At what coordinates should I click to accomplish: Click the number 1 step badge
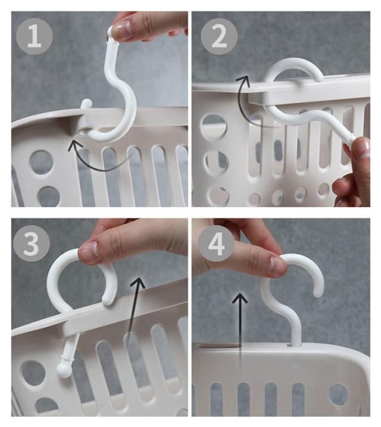click(35, 36)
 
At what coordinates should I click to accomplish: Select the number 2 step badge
click(219, 36)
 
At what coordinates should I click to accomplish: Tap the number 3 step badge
click(31, 243)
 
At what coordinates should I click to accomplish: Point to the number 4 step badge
click(216, 243)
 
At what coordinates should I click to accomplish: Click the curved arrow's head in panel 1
click(72, 145)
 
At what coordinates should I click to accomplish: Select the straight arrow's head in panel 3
click(138, 282)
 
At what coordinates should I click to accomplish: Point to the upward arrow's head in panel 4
click(239, 298)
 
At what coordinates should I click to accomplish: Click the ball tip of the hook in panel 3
click(64, 370)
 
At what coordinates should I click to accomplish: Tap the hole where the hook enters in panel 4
click(295, 345)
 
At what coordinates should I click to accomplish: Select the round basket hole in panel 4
click(338, 395)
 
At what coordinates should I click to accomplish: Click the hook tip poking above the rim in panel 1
click(87, 103)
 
